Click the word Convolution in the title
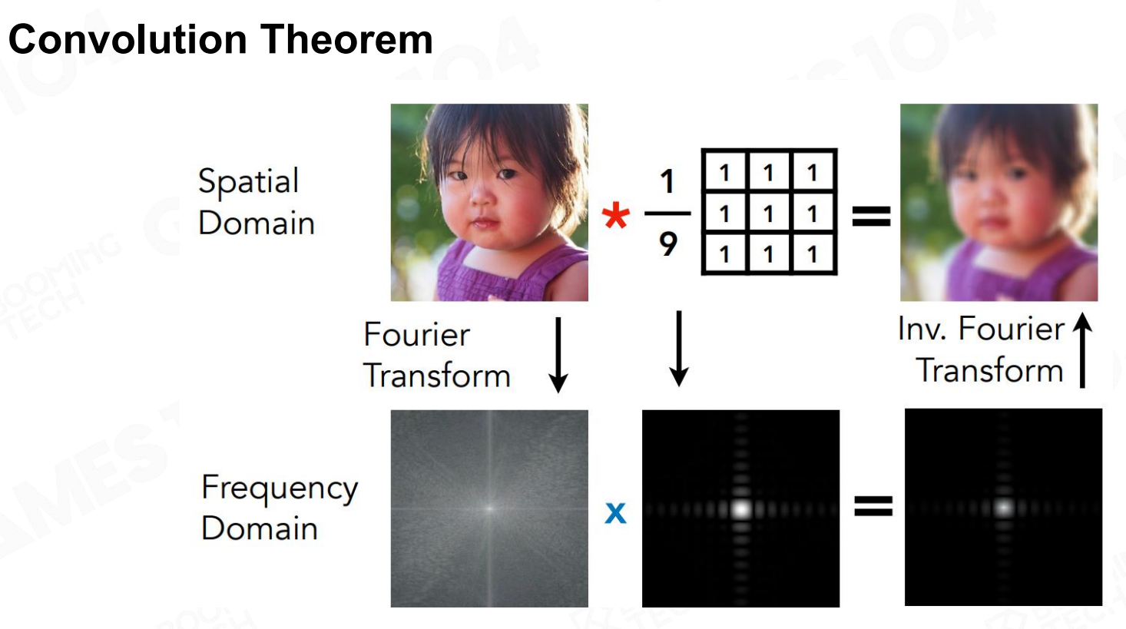[128, 40]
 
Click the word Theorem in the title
[346, 39]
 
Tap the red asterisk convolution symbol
[615, 217]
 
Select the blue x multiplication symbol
[616, 513]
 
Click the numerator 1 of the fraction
[667, 181]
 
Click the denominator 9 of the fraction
[668, 244]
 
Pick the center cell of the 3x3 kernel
[769, 214]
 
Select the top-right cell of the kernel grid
[813, 173]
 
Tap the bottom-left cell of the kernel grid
[725, 254]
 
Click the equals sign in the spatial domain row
[872, 217]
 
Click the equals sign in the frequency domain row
[873, 506]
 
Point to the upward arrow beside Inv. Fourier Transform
[1082, 350]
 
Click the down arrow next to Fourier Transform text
[558, 355]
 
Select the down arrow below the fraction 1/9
[679, 349]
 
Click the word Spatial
[248, 182]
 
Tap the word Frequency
[280, 489]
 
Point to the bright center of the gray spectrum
[489, 508]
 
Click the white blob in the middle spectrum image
[741, 509]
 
